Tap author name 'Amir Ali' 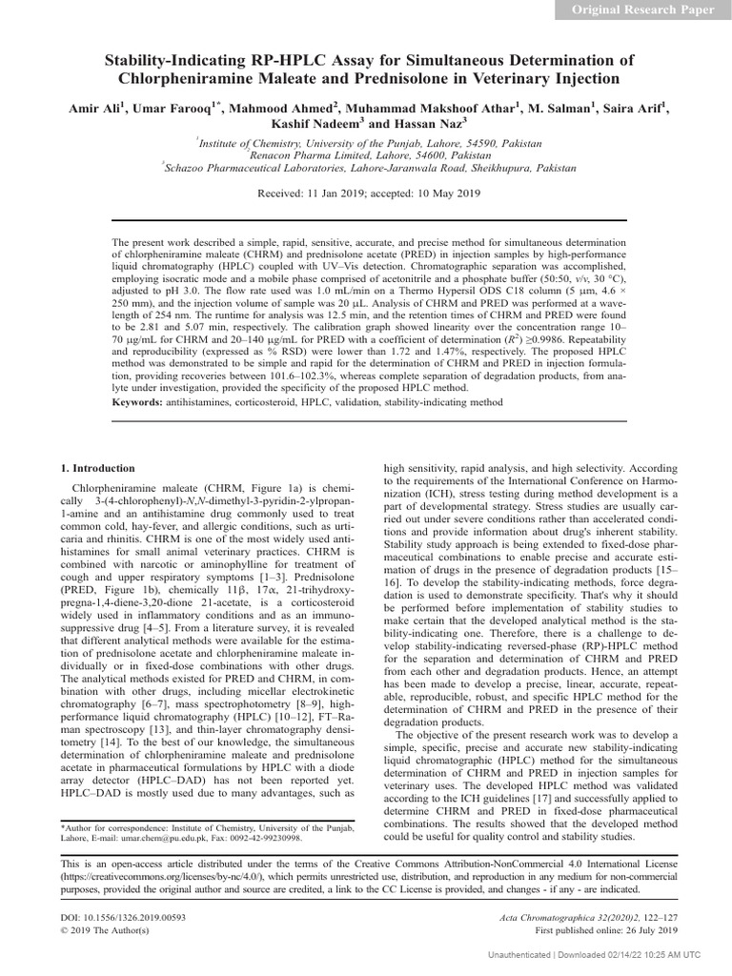point(92,108)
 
